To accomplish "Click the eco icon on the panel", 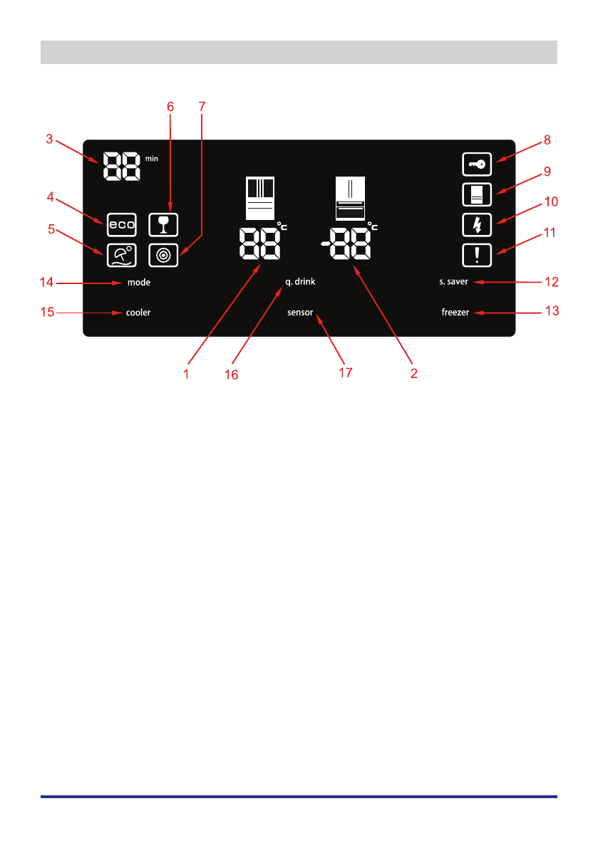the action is (x=121, y=224).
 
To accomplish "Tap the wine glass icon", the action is (x=163, y=224).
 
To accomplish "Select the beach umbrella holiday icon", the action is (x=121, y=255).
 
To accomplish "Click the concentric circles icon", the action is (x=163, y=255).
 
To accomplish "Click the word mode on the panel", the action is (x=139, y=283).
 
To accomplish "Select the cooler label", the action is (x=139, y=313).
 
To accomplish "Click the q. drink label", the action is (x=300, y=283).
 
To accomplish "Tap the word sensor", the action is (x=300, y=313).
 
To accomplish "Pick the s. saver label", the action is (x=453, y=283).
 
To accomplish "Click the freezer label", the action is (x=455, y=313).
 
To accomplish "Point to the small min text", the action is (x=152, y=159).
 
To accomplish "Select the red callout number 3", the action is (x=49, y=139).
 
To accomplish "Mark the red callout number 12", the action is (x=551, y=282).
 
